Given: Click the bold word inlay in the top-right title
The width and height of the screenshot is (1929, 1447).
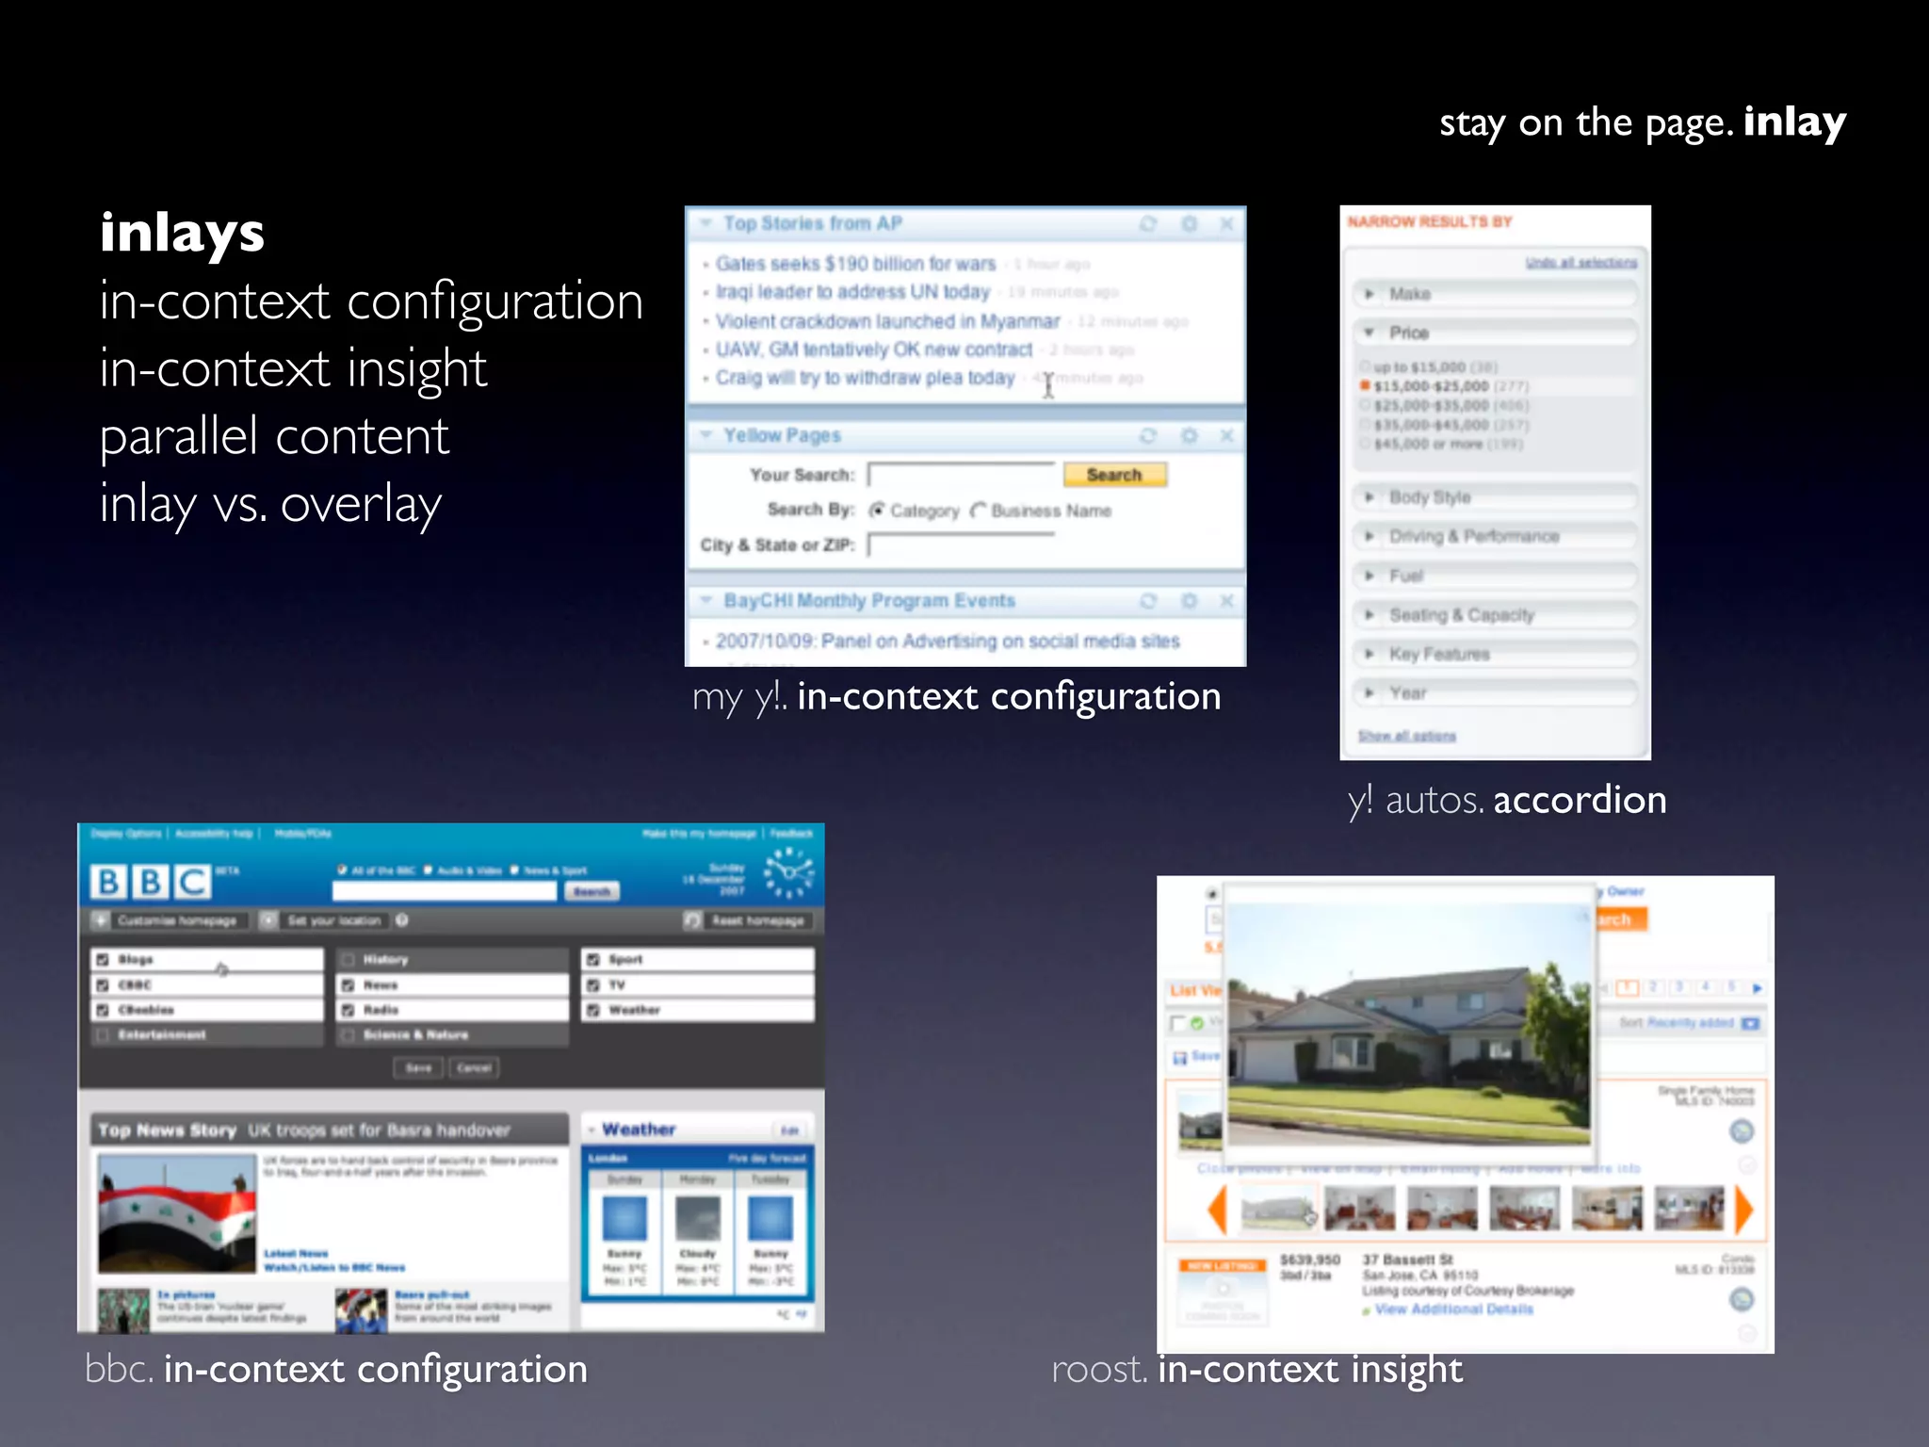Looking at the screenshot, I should point(1793,122).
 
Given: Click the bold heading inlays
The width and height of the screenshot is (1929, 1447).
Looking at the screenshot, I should point(182,233).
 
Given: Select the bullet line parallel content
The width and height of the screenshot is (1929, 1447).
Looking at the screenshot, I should point(274,436).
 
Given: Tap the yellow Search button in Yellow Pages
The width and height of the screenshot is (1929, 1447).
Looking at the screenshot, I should point(1114,475).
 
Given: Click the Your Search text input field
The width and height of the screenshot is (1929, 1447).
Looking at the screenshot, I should point(961,475).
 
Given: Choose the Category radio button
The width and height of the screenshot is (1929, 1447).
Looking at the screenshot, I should point(878,511).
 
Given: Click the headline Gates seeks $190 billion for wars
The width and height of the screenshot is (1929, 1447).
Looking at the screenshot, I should point(855,264).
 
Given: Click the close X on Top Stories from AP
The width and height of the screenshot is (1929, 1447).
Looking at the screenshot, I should point(1226,224).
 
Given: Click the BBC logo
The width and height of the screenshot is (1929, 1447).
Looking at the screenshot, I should point(151,882).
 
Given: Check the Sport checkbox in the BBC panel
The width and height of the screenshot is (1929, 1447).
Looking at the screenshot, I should point(593,959).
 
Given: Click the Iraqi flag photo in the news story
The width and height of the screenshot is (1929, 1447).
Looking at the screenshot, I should point(177,1213).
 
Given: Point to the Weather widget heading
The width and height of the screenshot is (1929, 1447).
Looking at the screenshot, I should point(639,1129).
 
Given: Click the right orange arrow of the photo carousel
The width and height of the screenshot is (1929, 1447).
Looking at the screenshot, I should point(1743,1210).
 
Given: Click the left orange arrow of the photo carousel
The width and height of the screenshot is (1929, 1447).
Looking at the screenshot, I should point(1218,1210).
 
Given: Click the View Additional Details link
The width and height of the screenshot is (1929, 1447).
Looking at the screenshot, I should point(1453,1309).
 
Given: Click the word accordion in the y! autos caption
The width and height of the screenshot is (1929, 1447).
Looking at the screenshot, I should point(1580,800).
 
